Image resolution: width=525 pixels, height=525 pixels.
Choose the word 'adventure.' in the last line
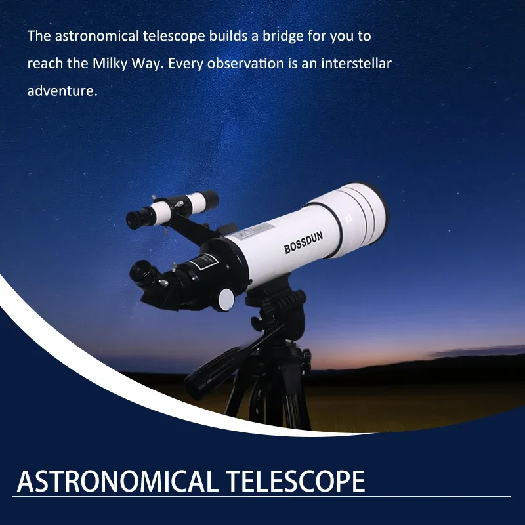click(62, 91)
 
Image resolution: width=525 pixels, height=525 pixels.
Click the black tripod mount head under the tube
click(276, 308)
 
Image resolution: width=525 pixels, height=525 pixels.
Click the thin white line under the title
click(262, 497)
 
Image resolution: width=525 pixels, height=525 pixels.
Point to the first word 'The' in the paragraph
click(39, 35)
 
